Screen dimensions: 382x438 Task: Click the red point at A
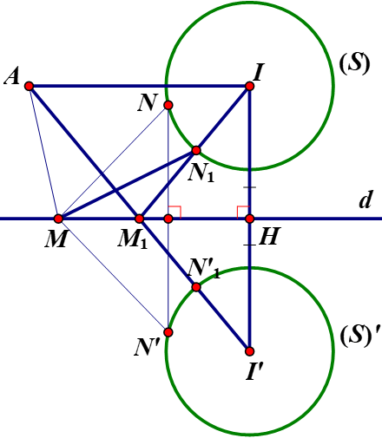point(29,86)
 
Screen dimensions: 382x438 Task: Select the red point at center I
point(249,86)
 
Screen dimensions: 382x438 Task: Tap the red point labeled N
point(168,105)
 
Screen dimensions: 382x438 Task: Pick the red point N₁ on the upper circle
point(196,150)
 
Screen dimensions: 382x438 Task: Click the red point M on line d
point(58,219)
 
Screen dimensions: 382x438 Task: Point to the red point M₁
point(140,219)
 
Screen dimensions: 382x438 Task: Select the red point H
point(249,219)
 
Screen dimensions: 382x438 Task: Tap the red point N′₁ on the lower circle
point(196,287)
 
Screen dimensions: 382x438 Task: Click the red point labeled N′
point(168,332)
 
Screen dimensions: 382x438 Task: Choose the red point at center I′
point(249,351)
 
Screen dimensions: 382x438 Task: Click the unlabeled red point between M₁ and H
point(168,219)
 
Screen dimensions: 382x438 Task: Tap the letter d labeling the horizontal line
point(366,199)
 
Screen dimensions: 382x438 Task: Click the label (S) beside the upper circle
point(355,63)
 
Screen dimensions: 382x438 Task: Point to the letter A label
point(11,76)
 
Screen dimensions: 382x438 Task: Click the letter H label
point(269,236)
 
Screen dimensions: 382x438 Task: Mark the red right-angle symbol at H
point(243,212)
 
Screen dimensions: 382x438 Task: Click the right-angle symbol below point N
point(175,212)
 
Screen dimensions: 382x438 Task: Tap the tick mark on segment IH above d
point(249,187)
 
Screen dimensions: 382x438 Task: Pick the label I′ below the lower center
point(254,371)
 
